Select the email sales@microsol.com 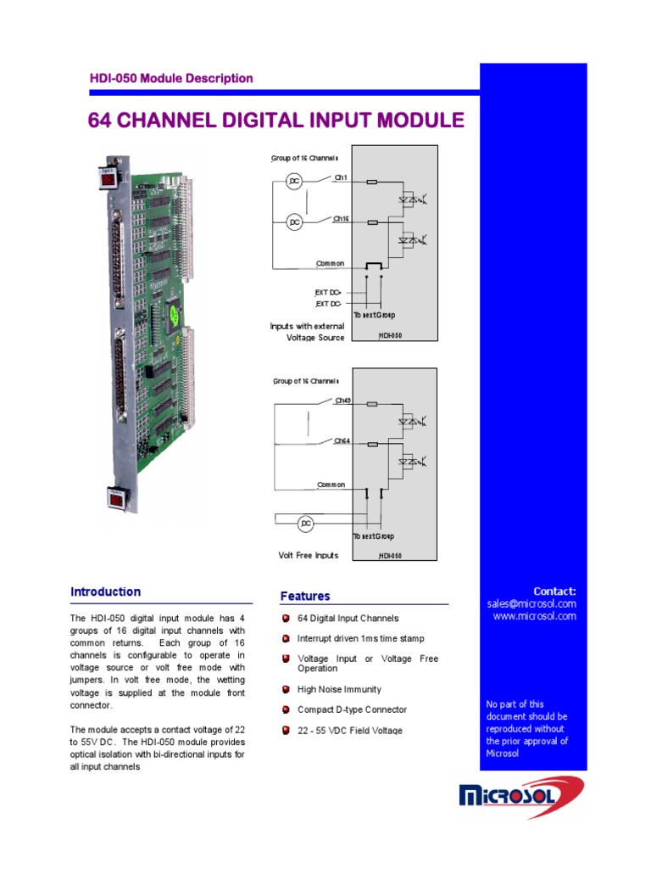(531, 603)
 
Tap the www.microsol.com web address (535, 616)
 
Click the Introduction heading (105, 591)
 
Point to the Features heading (305, 596)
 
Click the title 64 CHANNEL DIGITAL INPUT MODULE (276, 121)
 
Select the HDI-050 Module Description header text (171, 78)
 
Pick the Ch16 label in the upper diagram (341, 219)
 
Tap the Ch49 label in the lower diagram (342, 400)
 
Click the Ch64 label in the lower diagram (342, 440)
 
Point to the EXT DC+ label (328, 291)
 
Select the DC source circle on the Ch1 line (294, 182)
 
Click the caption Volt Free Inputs (309, 556)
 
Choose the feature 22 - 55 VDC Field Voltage (349, 731)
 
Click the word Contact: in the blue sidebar (554, 591)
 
